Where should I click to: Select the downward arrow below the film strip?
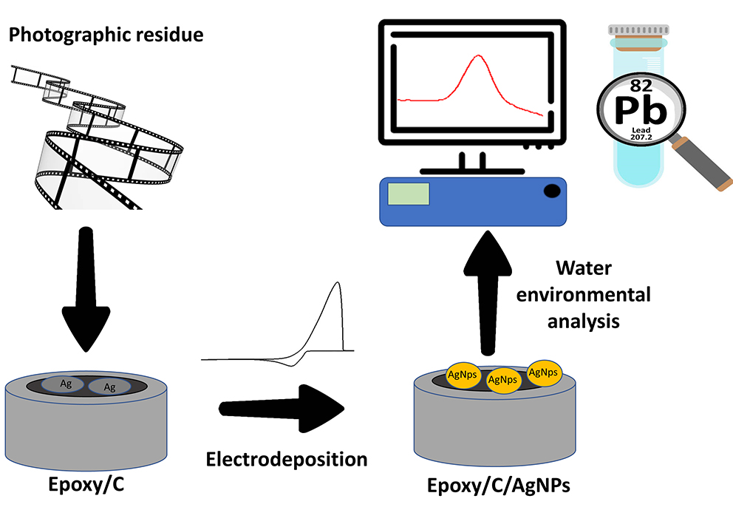coord(87,296)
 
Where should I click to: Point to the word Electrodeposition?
coord(287,459)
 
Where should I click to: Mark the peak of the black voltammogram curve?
coord(338,283)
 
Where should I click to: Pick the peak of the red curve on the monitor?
coord(480,56)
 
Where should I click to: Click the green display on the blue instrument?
coord(408,193)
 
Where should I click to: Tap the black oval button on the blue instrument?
coord(552,192)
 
